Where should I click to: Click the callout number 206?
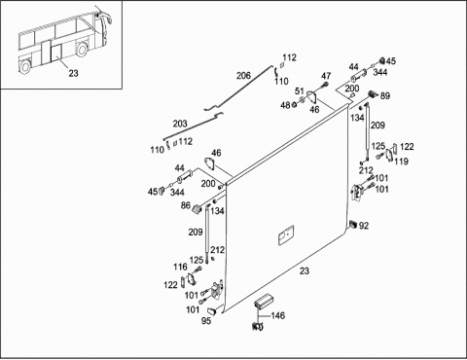(243, 76)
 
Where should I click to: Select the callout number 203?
(180, 124)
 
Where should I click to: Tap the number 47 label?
(326, 76)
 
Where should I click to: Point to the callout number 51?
(299, 91)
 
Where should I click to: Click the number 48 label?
(285, 105)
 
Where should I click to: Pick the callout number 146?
(278, 315)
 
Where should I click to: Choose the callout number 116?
(180, 267)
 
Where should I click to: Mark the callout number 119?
(401, 162)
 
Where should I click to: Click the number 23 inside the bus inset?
(73, 73)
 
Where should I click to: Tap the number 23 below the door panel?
(305, 270)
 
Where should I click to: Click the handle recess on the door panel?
(286, 235)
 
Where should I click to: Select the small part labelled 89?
(373, 94)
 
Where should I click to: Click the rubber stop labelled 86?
(197, 209)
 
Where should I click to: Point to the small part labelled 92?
(353, 224)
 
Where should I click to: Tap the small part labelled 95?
(212, 311)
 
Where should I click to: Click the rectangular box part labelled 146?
(265, 302)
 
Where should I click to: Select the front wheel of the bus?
(82, 50)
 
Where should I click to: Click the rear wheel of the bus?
(25, 66)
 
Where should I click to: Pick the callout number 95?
(206, 321)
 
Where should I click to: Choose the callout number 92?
(364, 226)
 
